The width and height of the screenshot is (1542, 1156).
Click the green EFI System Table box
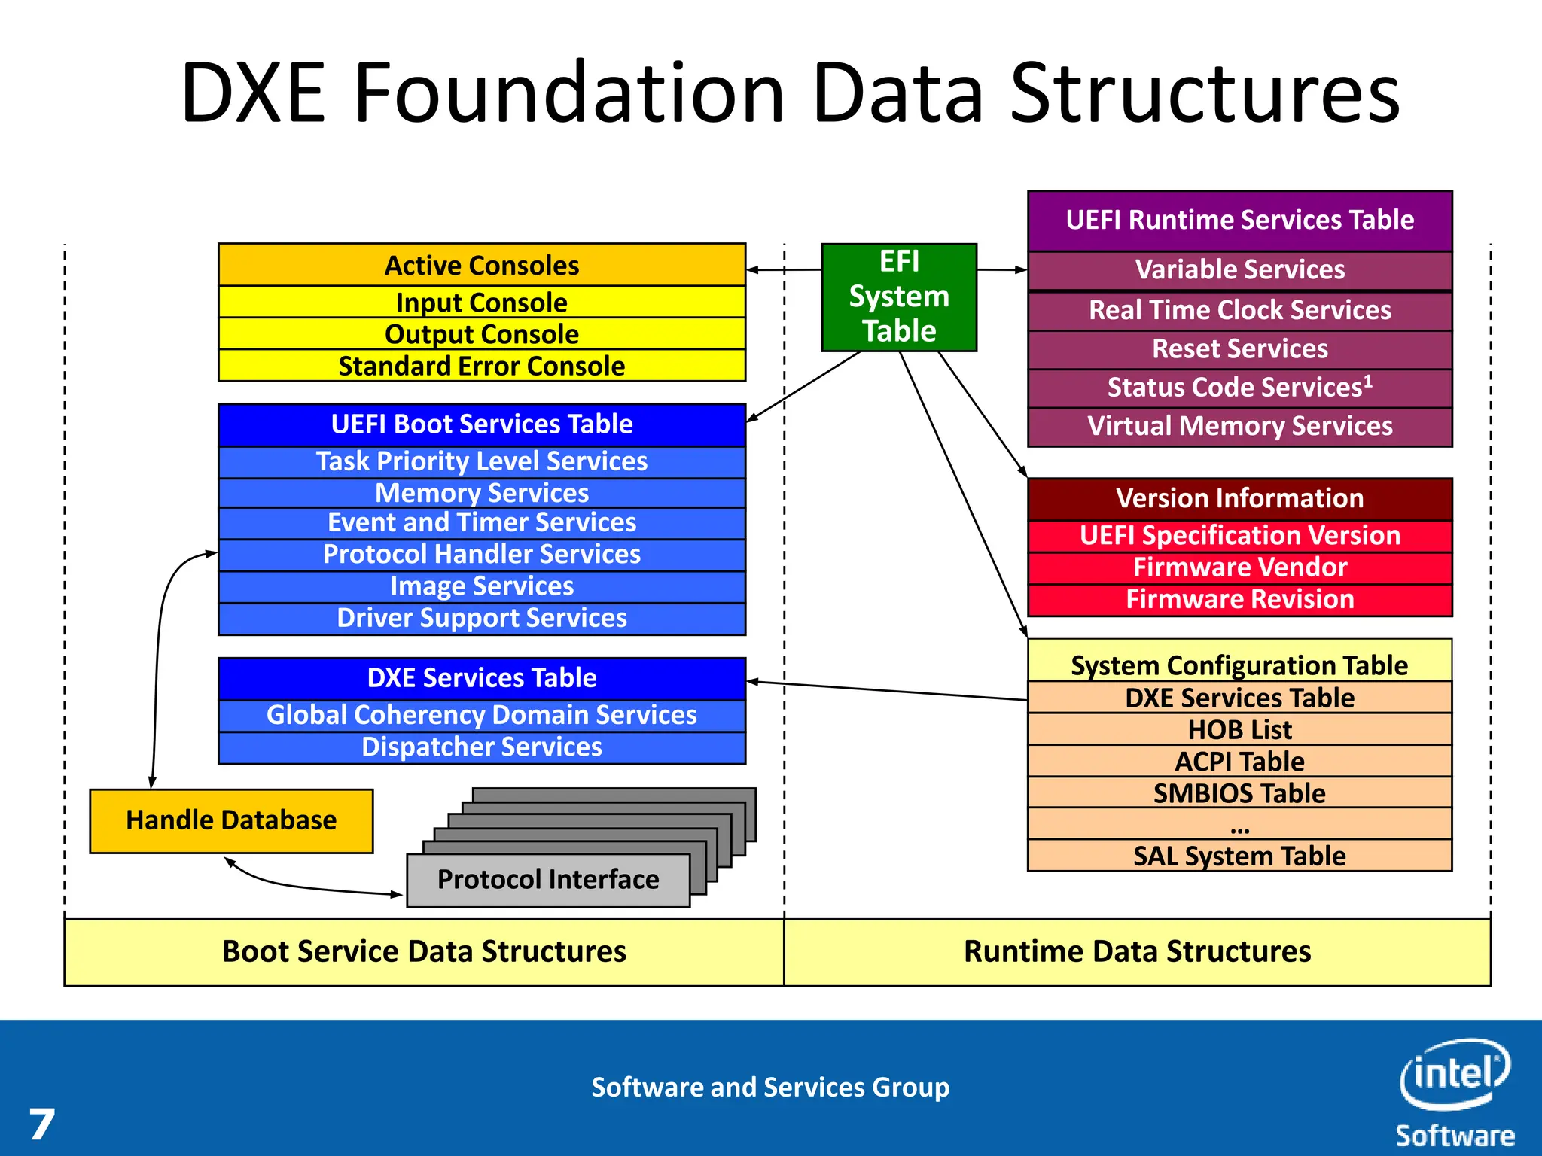[899, 297]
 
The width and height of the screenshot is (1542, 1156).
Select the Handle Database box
[231, 820]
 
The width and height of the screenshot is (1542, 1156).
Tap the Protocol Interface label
[548, 880]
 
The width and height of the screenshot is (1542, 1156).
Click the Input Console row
[482, 303]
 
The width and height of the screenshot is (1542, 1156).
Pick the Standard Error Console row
[482, 366]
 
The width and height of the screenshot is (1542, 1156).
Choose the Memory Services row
[482, 493]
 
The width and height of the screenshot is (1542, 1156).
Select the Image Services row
[482, 586]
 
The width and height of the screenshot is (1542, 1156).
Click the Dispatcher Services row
[482, 747]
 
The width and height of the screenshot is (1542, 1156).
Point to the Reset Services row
[1239, 349]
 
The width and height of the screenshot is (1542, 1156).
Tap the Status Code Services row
[1239, 388]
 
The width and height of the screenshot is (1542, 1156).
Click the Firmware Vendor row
[1239, 567]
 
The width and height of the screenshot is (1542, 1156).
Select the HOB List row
[1239, 729]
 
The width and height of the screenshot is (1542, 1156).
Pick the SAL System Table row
[1239, 856]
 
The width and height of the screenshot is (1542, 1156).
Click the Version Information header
[1239, 498]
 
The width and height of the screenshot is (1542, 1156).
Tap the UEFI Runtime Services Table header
[1239, 220]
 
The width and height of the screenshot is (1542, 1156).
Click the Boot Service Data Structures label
[424, 952]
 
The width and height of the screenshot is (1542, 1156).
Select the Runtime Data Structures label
[1137, 952]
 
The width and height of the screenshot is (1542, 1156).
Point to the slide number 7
[42, 1124]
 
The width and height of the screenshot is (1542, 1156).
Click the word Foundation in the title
[570, 93]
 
